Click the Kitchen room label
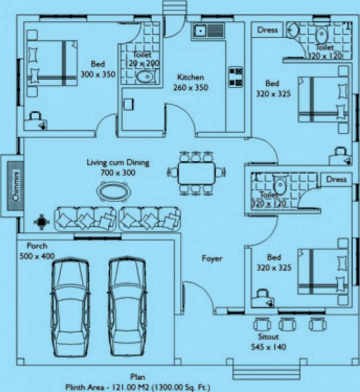pos(190,77)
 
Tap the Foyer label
pos(212,259)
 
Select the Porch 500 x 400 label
pos(37,251)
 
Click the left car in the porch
pos(70,308)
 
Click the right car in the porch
pos(127,308)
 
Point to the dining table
pos(197,174)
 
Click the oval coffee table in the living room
pos(113,192)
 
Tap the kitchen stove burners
pos(235,77)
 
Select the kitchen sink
pos(208,31)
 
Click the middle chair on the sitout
pos(287,324)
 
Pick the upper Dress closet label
pos(268,30)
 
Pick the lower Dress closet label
pos(336,179)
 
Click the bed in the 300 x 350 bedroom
pos(52,63)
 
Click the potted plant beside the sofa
pos(40,222)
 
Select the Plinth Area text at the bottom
pos(137,387)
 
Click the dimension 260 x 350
pos(190,87)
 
